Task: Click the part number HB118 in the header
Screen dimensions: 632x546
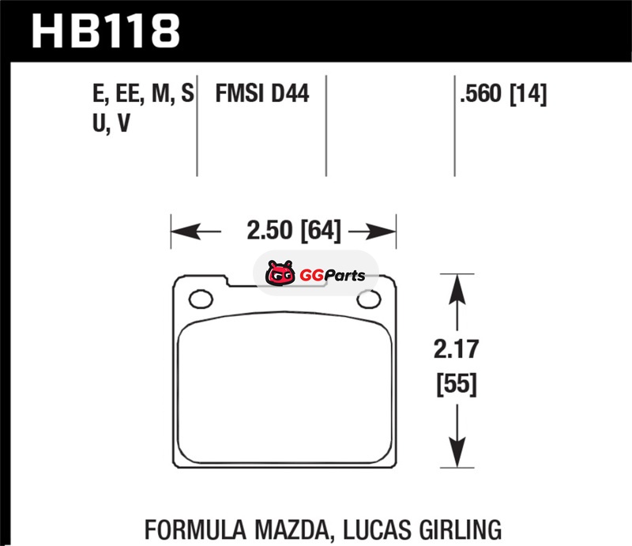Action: click(x=106, y=31)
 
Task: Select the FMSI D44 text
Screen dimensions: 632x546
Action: click(x=262, y=93)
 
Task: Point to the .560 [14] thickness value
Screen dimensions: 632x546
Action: click(x=503, y=94)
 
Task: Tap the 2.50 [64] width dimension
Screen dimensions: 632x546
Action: click(x=294, y=231)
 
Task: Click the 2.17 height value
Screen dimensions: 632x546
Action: click(x=457, y=349)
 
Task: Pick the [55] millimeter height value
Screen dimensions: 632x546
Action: click(x=457, y=384)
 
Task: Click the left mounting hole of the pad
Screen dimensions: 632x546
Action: click(x=201, y=299)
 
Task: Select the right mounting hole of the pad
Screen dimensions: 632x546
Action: click(x=369, y=299)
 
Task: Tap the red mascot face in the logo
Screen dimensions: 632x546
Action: click(x=280, y=273)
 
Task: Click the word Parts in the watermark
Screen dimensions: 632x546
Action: click(x=344, y=276)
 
